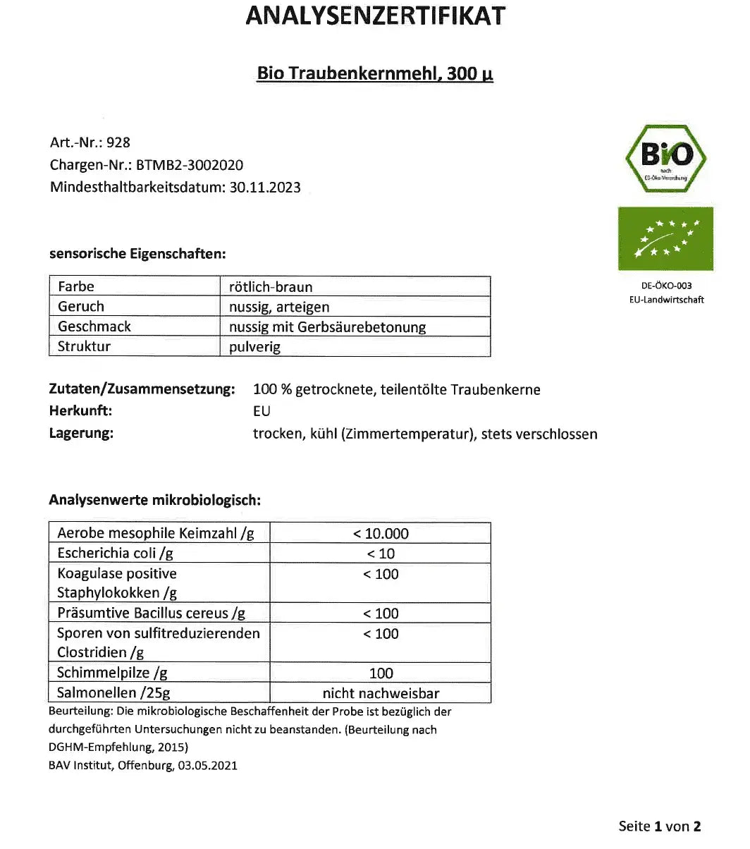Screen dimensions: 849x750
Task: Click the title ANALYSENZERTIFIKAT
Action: coord(375,16)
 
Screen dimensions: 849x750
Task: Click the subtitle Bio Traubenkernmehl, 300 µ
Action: coord(375,73)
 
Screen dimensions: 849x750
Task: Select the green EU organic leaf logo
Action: coord(665,238)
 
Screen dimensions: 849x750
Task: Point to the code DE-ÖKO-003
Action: coord(667,286)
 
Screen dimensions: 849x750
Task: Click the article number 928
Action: coord(118,142)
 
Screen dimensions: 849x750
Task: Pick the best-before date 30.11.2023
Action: coord(265,188)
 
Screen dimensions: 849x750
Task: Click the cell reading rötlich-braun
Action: coord(271,287)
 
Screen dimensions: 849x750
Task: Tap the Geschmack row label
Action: coord(94,326)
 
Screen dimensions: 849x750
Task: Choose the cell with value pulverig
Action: coord(255,347)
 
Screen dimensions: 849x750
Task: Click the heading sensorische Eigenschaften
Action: coord(137,254)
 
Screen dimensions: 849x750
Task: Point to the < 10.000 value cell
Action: coord(381,534)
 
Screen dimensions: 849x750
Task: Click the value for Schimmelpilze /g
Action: coord(381,673)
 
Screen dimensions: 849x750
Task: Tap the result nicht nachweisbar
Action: coord(381,693)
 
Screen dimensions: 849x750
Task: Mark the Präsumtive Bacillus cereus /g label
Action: coord(151,613)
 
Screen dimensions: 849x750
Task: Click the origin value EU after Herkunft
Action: coord(262,411)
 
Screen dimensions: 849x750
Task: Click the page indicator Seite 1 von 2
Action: coord(660,826)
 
